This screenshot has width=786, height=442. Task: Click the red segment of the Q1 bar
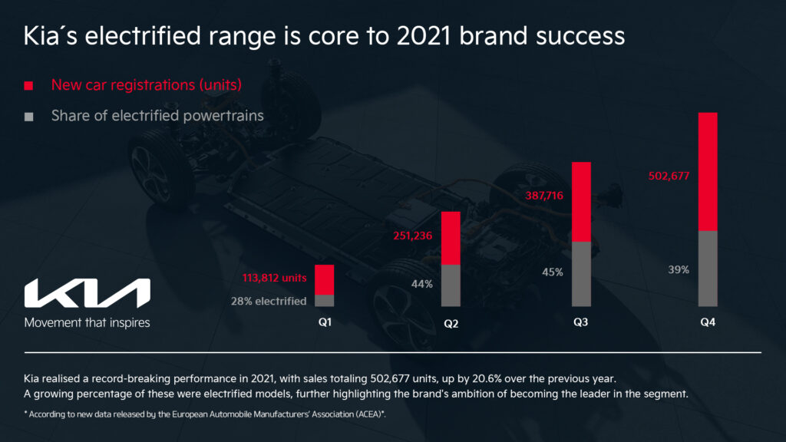point(325,279)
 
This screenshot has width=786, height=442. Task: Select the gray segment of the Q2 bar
point(451,285)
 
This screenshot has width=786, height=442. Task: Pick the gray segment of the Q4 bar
point(707,269)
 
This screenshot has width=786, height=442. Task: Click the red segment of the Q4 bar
point(707,171)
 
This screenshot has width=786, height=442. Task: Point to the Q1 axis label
point(325,322)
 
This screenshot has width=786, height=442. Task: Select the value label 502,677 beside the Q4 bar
point(669,176)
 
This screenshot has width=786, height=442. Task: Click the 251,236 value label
point(413,237)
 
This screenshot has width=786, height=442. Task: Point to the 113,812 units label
point(274,278)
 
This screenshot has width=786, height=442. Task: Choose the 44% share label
point(422,284)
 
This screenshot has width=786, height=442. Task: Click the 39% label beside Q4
point(679,269)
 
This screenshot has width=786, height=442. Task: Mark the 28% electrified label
point(269,301)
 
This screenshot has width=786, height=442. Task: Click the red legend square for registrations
point(28,85)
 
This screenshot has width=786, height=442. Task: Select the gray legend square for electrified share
point(28,117)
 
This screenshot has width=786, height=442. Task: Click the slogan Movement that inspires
point(88,322)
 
